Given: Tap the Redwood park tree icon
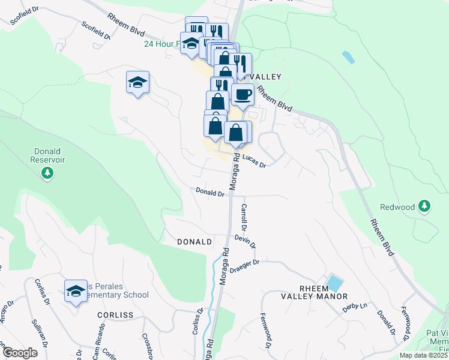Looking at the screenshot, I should (x=424, y=207).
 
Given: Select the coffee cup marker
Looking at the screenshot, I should (x=243, y=95).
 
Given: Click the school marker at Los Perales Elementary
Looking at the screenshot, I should (x=76, y=292).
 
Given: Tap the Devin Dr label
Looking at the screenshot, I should (x=246, y=242).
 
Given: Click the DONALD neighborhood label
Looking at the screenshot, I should (x=194, y=242).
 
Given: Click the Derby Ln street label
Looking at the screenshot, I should (x=354, y=307).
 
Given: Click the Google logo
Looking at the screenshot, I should (x=20, y=353).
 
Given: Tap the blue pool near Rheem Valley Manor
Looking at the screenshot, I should (x=334, y=283).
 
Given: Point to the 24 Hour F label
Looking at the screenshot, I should (x=161, y=44).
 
